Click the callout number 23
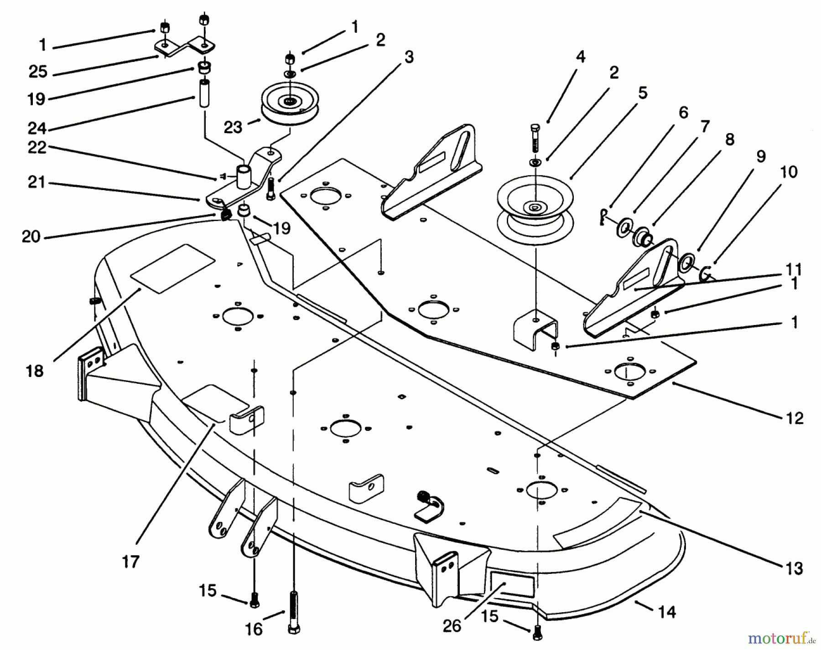(233, 127)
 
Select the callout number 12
(795, 418)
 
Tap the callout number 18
(35, 371)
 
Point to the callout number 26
(452, 626)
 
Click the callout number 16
(254, 629)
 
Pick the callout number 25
(38, 72)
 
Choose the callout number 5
(642, 93)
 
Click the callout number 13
(795, 568)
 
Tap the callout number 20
(31, 237)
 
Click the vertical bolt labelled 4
(535, 137)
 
